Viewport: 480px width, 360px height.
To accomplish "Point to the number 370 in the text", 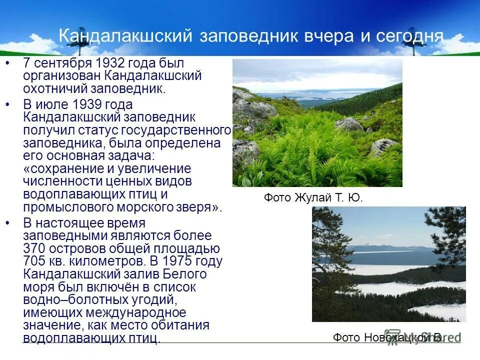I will tap(36, 248).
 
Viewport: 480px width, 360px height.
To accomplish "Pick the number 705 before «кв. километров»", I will tap(35, 261).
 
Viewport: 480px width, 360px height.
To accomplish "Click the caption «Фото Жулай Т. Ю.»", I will tap(313, 198).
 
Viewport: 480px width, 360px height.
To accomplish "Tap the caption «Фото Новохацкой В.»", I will tap(388, 337).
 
